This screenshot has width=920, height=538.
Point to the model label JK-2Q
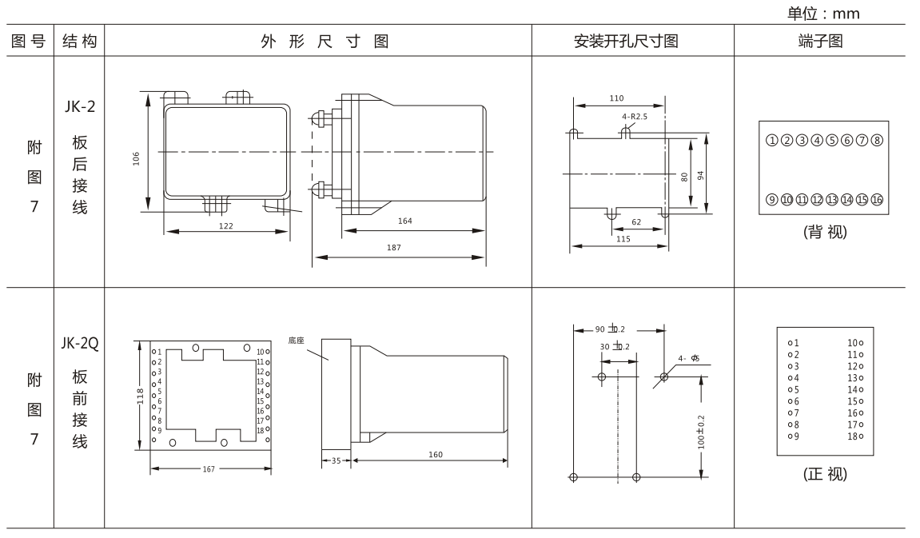point(78,345)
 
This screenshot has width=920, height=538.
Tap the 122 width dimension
point(225,226)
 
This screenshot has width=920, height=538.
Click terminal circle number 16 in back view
point(877,199)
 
